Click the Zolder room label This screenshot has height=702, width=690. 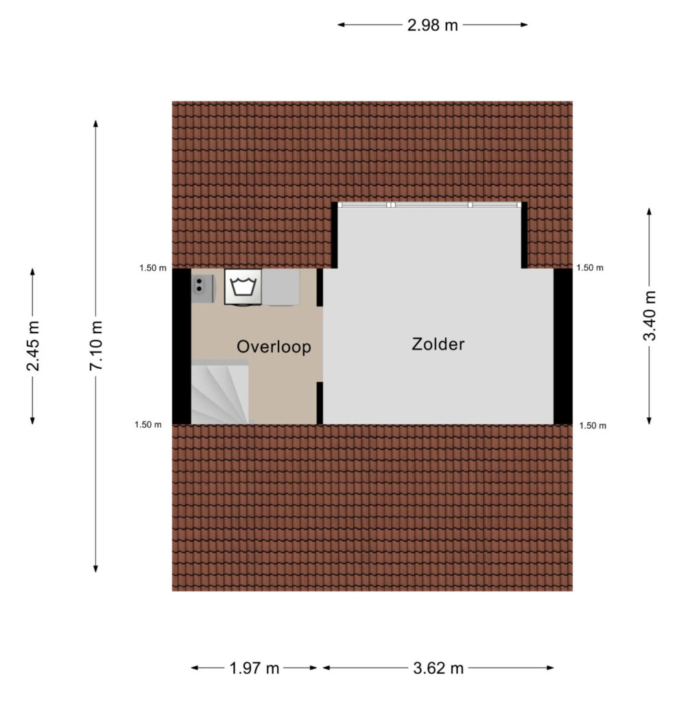438,344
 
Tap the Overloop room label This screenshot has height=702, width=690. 274,347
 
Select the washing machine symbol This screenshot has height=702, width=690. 243,287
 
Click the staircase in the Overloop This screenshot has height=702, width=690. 220,392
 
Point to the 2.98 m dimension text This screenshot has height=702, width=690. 432,25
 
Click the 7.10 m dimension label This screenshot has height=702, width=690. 96,346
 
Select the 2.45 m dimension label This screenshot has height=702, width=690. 33,346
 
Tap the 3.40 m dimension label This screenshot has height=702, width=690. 650,316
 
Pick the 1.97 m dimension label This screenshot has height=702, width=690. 254,668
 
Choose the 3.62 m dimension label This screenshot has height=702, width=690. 438,668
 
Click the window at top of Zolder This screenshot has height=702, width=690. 429,205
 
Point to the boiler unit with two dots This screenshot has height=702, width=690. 203,289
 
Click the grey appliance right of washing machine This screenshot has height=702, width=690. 281,287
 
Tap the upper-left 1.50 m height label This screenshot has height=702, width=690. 153,268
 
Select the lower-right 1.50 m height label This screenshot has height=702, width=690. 593,426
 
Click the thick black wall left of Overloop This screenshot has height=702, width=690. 182,346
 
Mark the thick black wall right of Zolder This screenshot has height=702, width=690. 563,346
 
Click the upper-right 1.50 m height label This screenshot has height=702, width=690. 590,268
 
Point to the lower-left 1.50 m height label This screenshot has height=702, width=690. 148,424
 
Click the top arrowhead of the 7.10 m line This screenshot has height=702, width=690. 95,123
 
